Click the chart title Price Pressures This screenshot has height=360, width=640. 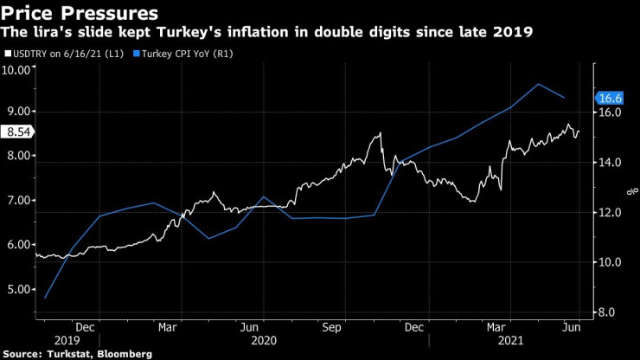[80, 13]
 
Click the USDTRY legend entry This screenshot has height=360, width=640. [62, 54]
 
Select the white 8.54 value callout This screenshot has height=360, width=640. [17, 132]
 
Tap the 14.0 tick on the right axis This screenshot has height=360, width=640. [611, 163]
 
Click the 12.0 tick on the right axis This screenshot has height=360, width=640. [611, 213]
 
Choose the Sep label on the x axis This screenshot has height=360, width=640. [332, 327]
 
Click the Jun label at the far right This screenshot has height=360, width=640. [572, 327]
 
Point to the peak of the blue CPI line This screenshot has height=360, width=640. [539, 84]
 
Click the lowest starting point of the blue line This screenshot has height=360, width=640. [44, 299]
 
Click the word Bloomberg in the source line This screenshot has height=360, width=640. [124, 354]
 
